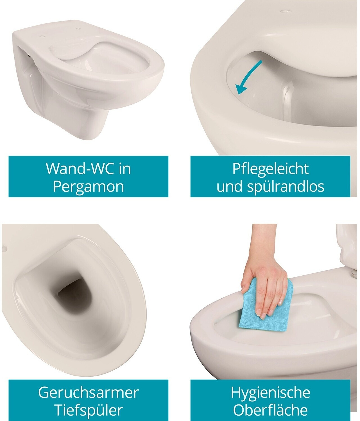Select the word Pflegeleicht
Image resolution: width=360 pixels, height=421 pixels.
click(x=270, y=169)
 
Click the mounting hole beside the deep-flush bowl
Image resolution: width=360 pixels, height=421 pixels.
click(x=5, y=248)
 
